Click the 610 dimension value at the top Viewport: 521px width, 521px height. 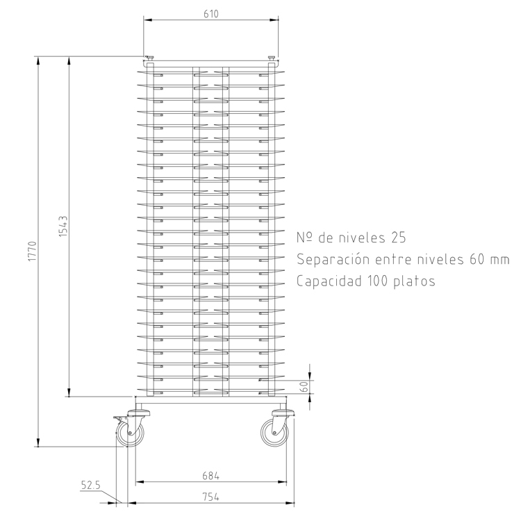click(x=211, y=14)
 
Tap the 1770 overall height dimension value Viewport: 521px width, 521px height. click(x=32, y=251)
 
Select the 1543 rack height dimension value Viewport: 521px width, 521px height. click(x=63, y=226)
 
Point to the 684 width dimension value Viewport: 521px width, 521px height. click(x=211, y=476)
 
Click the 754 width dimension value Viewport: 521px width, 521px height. click(x=211, y=497)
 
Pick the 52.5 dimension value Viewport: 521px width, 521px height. click(x=91, y=486)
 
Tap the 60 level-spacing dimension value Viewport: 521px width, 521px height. click(x=304, y=386)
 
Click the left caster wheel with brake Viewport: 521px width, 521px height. click(x=130, y=433)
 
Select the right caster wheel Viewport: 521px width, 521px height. click(x=274, y=433)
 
